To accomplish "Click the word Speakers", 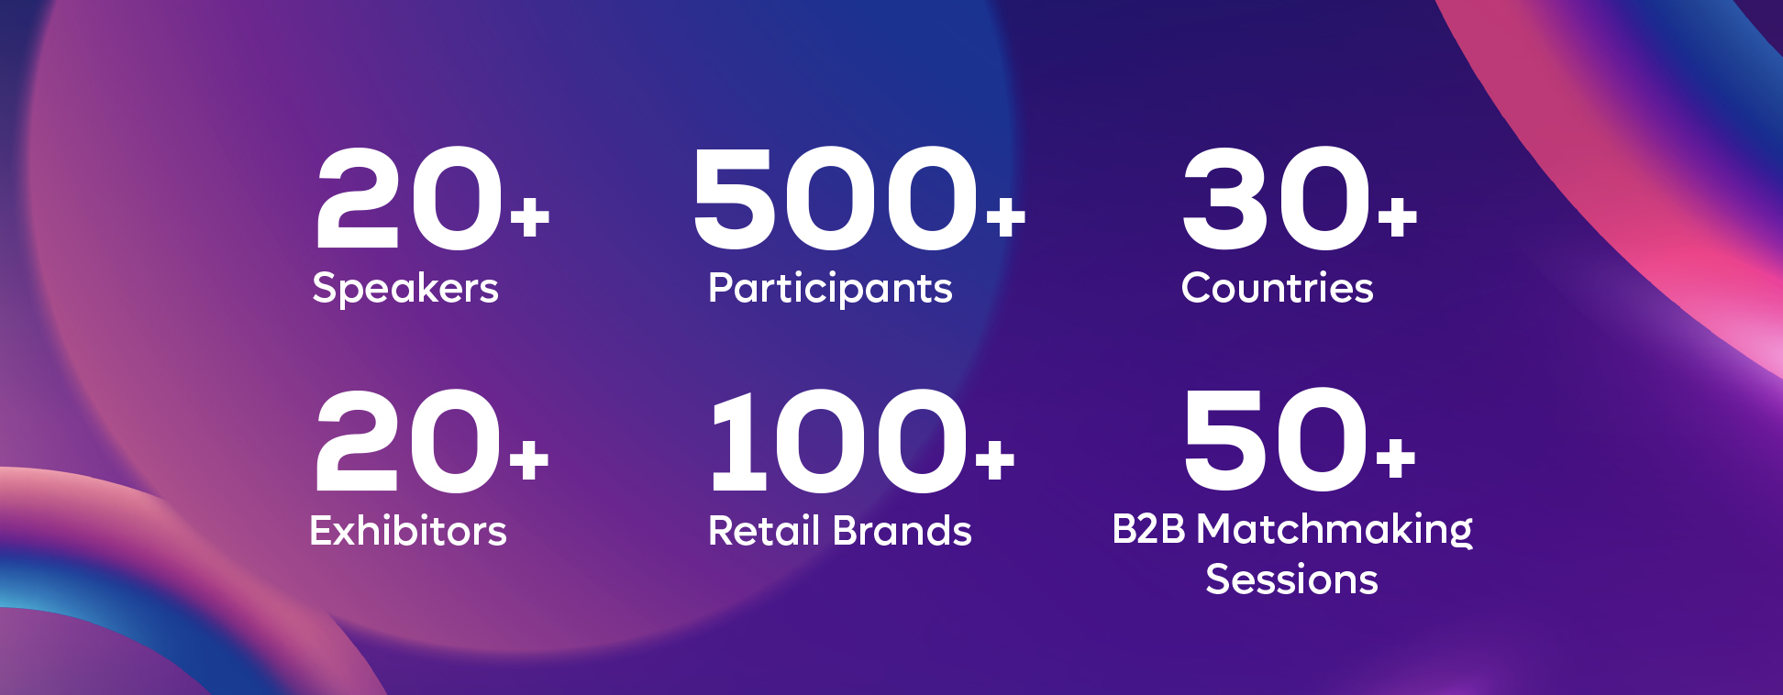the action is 405,288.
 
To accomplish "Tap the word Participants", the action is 830,289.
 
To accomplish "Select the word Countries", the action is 1277,288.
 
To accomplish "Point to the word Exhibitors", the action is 408,531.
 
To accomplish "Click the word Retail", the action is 764,531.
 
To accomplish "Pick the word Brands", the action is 903,531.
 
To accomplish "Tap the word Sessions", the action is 1291,579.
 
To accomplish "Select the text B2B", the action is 1148,529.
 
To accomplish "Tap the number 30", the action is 1277,198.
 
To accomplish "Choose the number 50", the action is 1277,440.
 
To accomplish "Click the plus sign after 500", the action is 1006,217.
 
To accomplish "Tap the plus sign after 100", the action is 995,459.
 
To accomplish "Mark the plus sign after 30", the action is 1398,217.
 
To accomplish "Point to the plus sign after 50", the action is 1396,459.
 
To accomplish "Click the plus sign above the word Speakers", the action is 530,217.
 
